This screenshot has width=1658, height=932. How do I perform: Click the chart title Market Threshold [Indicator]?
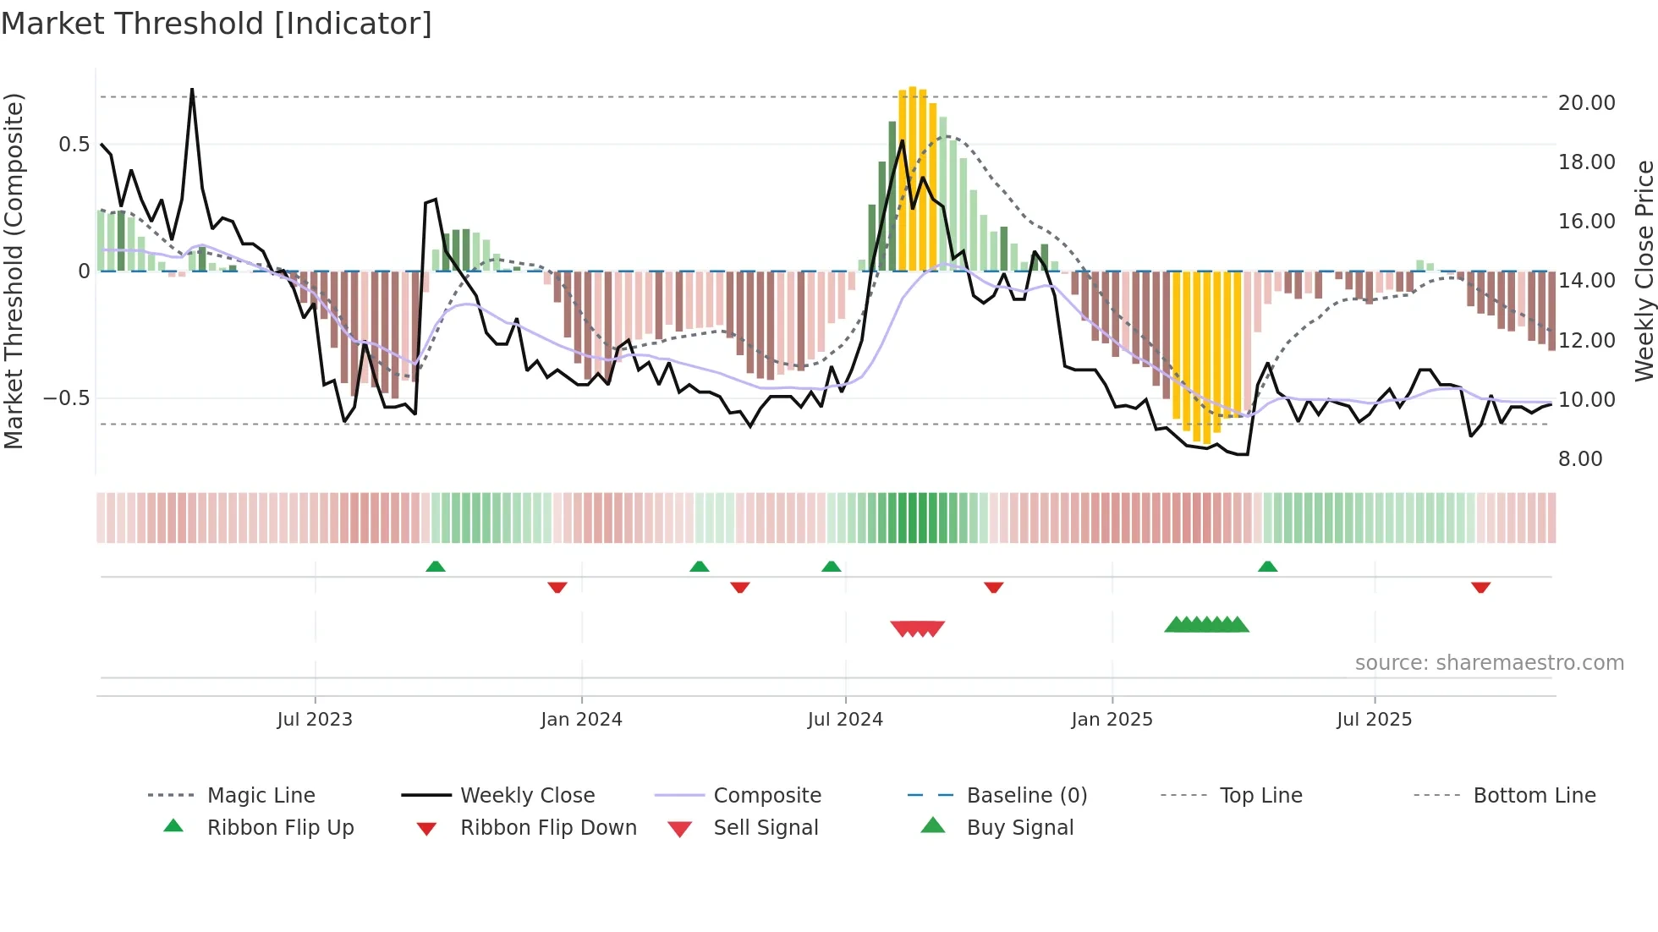click(x=217, y=24)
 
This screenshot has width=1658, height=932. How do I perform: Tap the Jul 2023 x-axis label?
click(x=315, y=720)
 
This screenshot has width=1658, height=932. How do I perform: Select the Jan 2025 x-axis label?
click(x=1112, y=720)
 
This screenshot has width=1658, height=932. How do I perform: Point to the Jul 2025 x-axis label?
click(x=1375, y=720)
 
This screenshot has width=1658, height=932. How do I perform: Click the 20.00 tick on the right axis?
click(x=1586, y=103)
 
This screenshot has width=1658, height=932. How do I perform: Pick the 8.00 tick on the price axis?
click(x=1580, y=459)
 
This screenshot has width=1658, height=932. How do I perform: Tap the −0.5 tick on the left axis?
click(x=67, y=398)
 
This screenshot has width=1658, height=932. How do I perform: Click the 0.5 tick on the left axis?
click(x=74, y=145)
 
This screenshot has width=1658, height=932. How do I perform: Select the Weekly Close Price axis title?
click(x=1644, y=271)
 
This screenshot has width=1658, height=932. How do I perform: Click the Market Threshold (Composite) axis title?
click(x=14, y=271)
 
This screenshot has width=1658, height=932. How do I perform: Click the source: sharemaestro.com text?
click(x=1489, y=663)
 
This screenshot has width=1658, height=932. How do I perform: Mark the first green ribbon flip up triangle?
click(x=435, y=567)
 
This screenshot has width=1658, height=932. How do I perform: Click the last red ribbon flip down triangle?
click(x=1480, y=587)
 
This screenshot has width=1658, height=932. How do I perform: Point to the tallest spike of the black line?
click(x=192, y=90)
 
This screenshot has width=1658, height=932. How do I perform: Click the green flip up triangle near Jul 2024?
click(x=831, y=567)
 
